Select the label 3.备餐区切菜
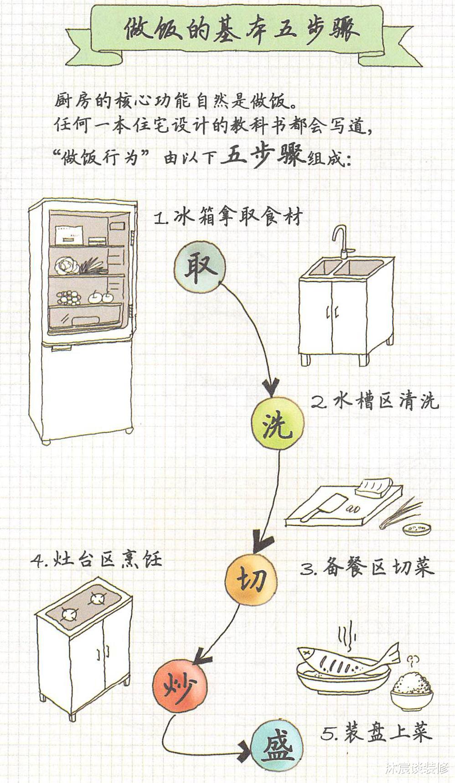click(367, 567)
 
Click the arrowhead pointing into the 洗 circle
click(272, 389)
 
